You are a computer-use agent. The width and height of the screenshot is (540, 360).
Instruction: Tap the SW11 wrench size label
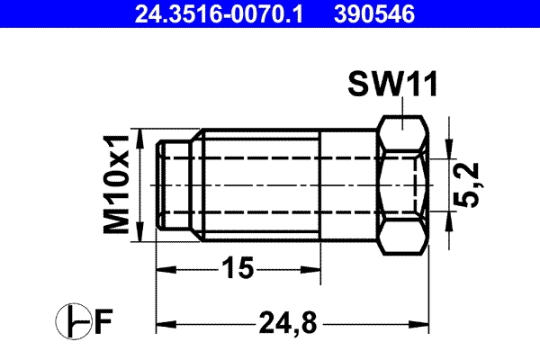393,86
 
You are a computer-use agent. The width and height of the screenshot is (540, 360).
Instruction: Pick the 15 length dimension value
238,268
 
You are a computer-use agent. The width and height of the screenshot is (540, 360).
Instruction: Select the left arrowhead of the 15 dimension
163,268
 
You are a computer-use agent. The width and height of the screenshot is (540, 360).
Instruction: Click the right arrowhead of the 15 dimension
315,268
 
